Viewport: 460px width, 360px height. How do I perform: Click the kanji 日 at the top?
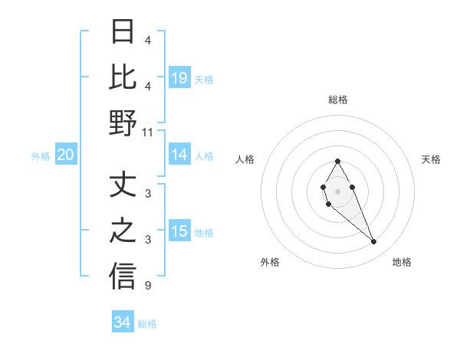123,32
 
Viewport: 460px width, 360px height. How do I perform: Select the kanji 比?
123,77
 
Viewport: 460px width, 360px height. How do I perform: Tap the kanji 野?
123,123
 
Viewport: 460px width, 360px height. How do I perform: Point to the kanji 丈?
123,185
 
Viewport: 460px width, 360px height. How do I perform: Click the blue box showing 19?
179,77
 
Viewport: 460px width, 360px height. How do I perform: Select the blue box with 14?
179,155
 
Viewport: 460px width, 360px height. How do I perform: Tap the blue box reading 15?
179,231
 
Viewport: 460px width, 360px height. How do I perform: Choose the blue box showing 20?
65,155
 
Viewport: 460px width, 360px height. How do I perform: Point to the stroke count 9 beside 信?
147,286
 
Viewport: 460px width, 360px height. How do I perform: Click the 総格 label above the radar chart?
337,100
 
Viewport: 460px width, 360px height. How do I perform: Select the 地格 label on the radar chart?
402,262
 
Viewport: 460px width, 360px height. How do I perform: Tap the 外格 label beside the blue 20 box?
41,156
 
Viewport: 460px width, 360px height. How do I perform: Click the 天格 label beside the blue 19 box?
204,79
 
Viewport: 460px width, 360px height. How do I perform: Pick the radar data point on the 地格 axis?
374,242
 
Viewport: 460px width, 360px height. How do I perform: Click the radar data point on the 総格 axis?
337,161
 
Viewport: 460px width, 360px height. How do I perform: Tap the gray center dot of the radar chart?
337,191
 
